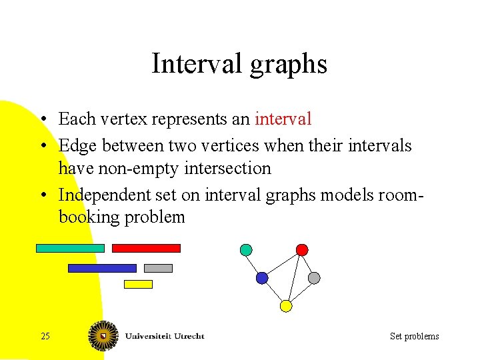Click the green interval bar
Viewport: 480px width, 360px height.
click(x=70, y=248)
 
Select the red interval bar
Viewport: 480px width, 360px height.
click(x=146, y=248)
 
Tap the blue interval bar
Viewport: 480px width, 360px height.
click(x=102, y=268)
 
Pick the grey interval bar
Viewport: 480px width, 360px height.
click(x=158, y=268)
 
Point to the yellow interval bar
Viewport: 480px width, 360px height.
click(x=138, y=284)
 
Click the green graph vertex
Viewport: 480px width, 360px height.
click(x=246, y=250)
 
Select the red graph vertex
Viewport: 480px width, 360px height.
click(x=302, y=250)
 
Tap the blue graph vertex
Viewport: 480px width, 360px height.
click(x=262, y=277)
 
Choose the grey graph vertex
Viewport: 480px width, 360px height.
click(x=314, y=277)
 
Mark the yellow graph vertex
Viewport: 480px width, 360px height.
click(x=286, y=306)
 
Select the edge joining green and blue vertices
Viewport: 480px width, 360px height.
click(x=254, y=264)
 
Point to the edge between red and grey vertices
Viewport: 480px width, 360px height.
click(x=308, y=264)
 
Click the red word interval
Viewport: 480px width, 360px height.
click(x=283, y=119)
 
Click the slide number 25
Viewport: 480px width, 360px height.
click(x=45, y=336)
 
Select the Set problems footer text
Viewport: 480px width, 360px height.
click(x=414, y=336)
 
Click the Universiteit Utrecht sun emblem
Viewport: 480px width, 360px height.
click(x=104, y=335)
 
